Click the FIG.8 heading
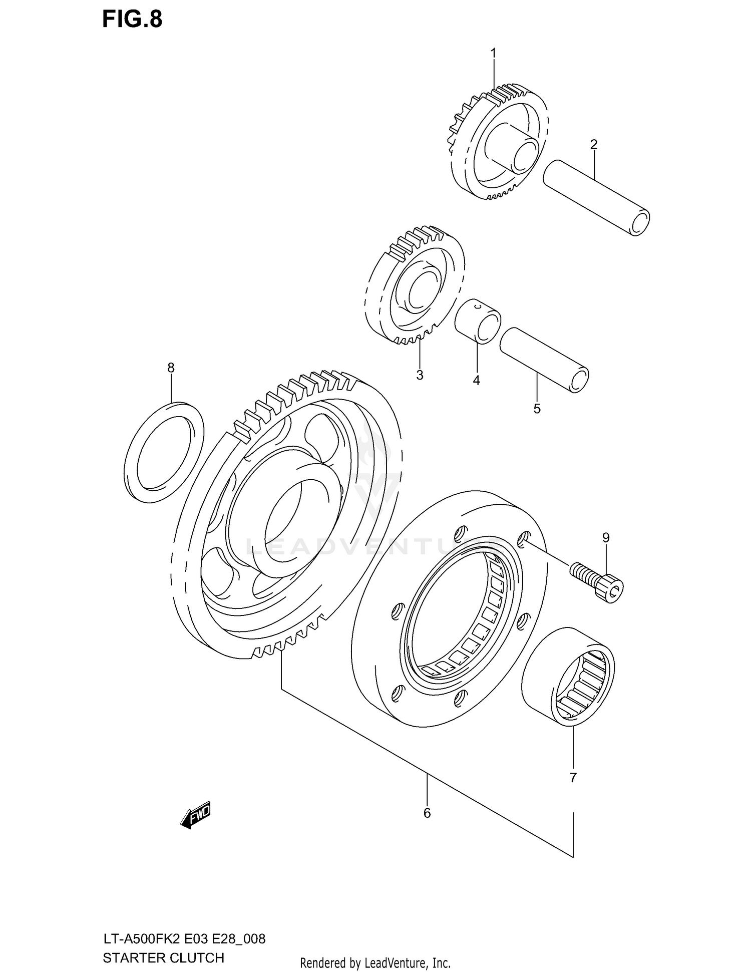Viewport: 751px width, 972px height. pos(132,19)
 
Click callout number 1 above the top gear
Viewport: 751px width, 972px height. pos(493,53)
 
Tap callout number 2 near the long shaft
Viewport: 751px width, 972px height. pos(594,145)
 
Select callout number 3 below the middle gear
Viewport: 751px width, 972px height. pos(420,375)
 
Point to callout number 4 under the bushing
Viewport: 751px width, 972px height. pos(476,381)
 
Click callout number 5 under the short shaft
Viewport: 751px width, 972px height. pos(537,409)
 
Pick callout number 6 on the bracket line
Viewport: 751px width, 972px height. pos(427,812)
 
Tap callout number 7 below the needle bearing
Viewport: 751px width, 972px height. pos(573,777)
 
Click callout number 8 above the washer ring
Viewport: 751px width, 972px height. pos(171,368)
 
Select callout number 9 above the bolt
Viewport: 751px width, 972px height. pos(606,538)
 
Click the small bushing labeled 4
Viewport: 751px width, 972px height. pos(478,320)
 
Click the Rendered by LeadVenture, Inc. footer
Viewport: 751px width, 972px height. pos(375,962)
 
